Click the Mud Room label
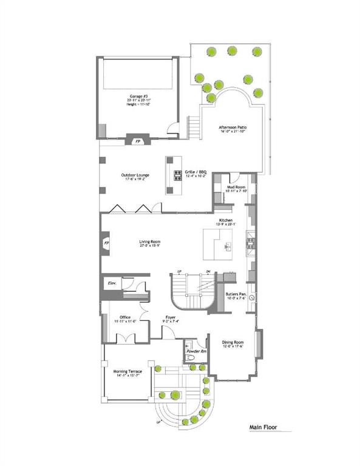236,187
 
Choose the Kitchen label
226,220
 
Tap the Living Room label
149,241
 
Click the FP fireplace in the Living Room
107,243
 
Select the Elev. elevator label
112,283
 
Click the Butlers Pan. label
236,294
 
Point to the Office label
124,317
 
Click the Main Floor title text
262,427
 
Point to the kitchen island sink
228,247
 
